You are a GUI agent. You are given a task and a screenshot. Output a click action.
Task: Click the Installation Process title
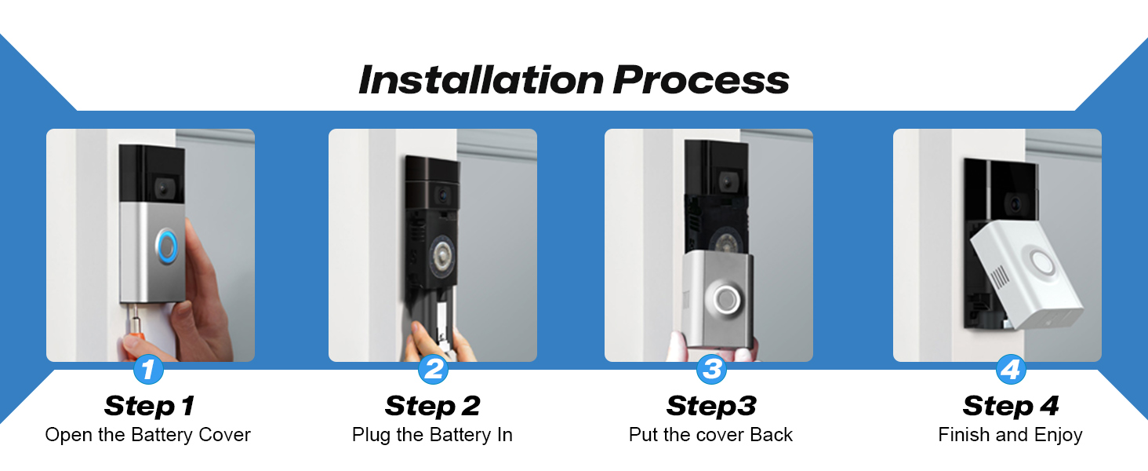pos(573,80)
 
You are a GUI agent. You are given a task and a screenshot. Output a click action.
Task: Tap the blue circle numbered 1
pos(148,369)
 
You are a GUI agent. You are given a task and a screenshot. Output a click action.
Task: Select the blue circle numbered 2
pos(432,369)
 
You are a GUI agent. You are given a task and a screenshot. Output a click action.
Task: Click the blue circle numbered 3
pos(710,369)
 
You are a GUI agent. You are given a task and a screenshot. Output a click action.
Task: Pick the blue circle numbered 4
pos(1011,369)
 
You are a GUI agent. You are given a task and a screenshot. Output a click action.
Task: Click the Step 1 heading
pos(148,406)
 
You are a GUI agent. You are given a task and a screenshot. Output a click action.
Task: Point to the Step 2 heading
pos(432,406)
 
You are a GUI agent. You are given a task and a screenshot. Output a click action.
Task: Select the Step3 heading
pos(710,406)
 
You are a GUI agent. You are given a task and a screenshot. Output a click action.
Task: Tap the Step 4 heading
pos(1011,406)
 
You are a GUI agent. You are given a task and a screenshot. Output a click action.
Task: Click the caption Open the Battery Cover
pos(148,435)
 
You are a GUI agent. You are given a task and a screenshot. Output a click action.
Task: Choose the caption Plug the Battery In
pos(432,435)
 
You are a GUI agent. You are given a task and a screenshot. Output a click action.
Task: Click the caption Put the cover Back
pos(710,435)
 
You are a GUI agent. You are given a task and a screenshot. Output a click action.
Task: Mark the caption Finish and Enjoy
pos(1011,435)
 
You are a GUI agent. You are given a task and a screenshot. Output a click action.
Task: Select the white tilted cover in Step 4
pos(1031,283)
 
